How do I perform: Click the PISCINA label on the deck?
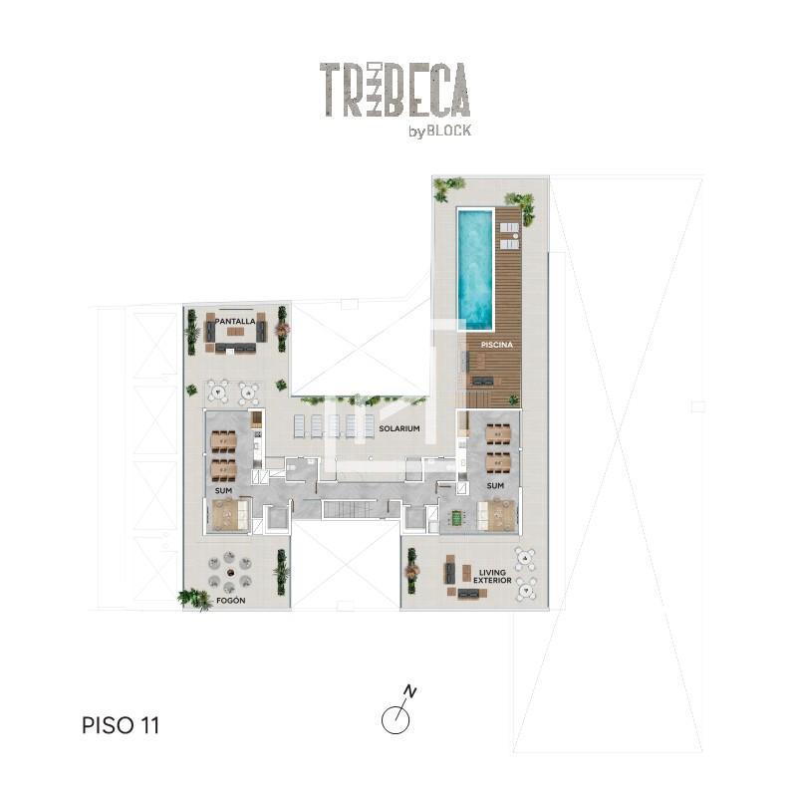[x=497, y=345]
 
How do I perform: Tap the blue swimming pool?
[x=475, y=268]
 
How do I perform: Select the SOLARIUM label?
[x=399, y=428]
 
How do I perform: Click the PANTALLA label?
[x=235, y=322]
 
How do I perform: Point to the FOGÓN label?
[x=230, y=601]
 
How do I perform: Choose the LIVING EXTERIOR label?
[x=492, y=576]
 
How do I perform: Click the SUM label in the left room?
[x=223, y=490]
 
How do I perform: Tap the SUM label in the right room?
[x=495, y=485]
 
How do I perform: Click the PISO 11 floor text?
[x=121, y=725]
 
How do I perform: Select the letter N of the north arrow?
[x=410, y=691]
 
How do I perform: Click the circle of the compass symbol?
[x=395, y=720]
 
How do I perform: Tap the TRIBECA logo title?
[x=395, y=90]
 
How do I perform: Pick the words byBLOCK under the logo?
[x=440, y=131]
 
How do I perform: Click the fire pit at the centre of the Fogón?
[x=230, y=573]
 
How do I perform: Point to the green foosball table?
[x=457, y=517]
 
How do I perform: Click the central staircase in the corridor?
[x=349, y=509]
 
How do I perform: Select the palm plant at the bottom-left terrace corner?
[x=194, y=599]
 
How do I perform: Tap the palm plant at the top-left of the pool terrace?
[x=447, y=187]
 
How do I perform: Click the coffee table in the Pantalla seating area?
[x=235, y=332]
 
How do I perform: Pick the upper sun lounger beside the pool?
[x=509, y=227]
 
